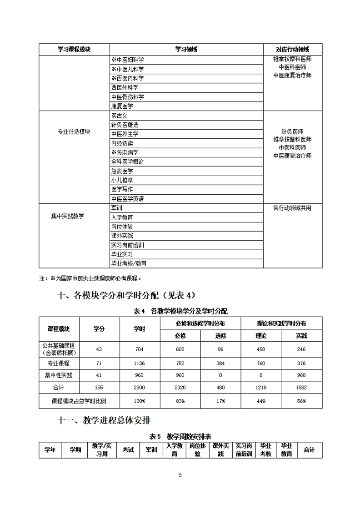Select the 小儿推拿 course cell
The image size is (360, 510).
coord(122,180)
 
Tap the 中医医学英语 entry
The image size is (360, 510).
coord(128,199)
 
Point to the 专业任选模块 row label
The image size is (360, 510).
coord(74,131)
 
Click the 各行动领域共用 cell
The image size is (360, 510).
coord(292,208)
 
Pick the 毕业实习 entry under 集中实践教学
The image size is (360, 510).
coord(122,254)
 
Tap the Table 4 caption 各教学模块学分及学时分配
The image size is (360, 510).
coord(180,311)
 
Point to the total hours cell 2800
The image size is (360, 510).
coord(139,387)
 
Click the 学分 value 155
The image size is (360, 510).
coord(99,387)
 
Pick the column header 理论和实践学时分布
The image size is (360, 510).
coord(281,323)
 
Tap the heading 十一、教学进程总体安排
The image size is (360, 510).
coord(107,421)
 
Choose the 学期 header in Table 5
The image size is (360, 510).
coord(75,449)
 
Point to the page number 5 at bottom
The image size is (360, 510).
coord(180,475)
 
